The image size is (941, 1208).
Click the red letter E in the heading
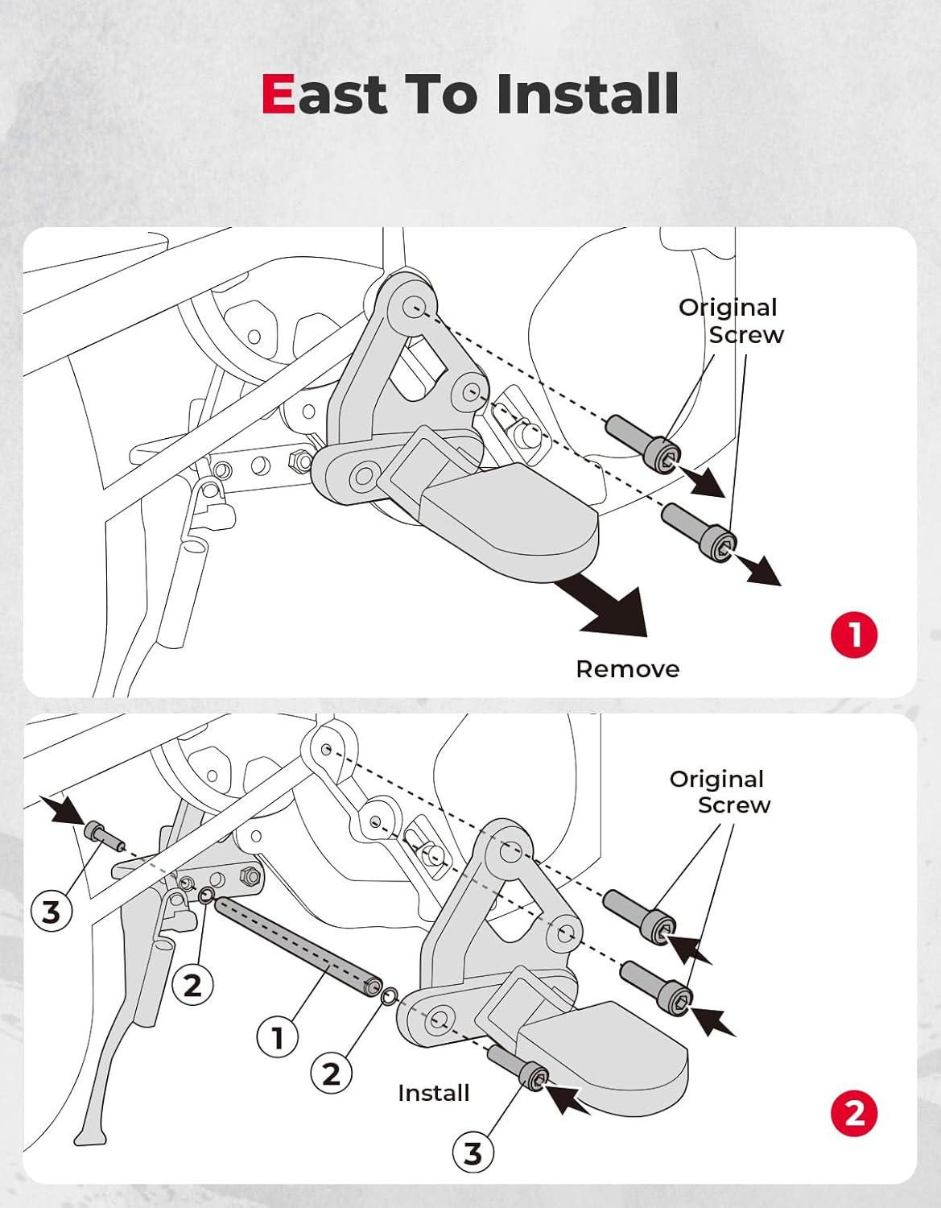[279, 94]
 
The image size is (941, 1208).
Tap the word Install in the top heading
[587, 94]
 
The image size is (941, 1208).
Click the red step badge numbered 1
[854, 635]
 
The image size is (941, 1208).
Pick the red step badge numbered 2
[854, 1114]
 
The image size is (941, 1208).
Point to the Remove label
[627, 669]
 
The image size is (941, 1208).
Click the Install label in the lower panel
[433, 1093]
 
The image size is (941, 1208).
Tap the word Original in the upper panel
[728, 308]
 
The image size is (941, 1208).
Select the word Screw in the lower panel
[734, 805]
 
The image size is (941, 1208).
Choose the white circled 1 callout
[278, 1038]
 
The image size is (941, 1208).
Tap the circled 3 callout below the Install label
[473, 1153]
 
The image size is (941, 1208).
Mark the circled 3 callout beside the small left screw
[51, 912]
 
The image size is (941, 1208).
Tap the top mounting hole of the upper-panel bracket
[415, 306]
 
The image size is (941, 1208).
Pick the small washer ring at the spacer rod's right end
[387, 996]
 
